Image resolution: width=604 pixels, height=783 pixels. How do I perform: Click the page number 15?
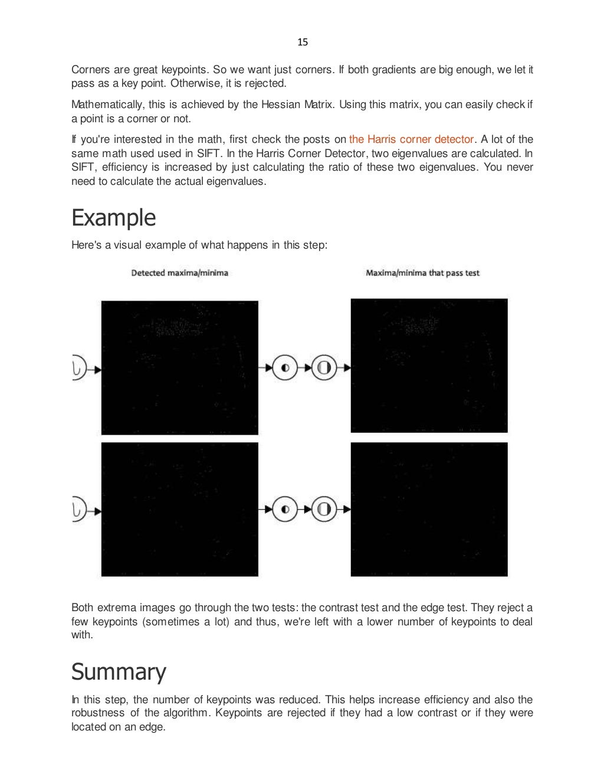coord(303,42)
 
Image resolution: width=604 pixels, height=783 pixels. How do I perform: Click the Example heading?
coord(113,218)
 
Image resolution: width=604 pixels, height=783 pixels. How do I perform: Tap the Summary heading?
coord(119,672)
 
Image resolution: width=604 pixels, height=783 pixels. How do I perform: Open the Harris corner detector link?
coord(411,139)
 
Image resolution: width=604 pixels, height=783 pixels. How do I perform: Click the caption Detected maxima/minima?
coord(179,273)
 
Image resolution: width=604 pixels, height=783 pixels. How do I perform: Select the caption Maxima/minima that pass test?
coord(422,273)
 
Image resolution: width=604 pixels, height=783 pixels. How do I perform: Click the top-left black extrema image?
coord(179,367)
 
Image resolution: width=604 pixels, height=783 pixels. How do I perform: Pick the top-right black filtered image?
coord(429,366)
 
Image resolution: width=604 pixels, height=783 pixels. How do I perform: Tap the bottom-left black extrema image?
coord(179,509)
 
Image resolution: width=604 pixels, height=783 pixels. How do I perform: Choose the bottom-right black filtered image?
coord(429,509)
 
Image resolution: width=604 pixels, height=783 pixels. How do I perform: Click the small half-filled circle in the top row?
coord(285,368)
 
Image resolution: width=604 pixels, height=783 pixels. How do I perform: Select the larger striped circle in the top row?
coord(323,368)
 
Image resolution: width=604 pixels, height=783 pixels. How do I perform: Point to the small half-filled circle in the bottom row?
coord(285,509)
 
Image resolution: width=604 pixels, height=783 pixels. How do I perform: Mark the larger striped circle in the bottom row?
coord(323,509)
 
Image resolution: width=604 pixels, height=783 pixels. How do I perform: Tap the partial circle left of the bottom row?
coord(78,509)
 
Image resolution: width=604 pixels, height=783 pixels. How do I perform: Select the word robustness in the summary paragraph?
coord(98,713)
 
